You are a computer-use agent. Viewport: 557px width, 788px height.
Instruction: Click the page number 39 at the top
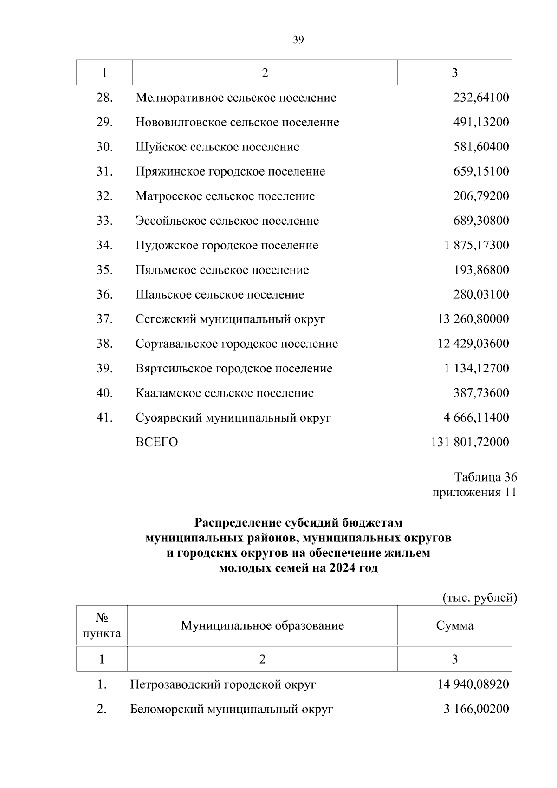[298, 40]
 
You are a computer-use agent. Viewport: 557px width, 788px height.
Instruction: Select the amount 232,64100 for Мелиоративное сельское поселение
[481, 98]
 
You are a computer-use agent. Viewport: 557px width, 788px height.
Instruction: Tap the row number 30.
[104, 147]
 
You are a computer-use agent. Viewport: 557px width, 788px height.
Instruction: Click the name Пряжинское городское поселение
[230, 171]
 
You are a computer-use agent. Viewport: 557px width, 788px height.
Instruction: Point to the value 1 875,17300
[476, 245]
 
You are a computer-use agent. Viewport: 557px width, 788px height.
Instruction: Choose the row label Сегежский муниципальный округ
[230, 319]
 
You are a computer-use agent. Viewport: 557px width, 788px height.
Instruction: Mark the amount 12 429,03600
[473, 344]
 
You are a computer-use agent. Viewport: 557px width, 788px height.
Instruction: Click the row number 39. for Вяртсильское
[104, 368]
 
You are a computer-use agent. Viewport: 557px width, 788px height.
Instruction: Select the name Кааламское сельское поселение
[225, 393]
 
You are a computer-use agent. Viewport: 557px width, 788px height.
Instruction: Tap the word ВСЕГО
[156, 442]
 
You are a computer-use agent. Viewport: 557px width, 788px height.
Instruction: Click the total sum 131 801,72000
[470, 442]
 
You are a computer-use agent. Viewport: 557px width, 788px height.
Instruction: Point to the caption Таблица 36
[486, 477]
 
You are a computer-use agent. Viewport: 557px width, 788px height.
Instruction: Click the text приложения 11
[474, 492]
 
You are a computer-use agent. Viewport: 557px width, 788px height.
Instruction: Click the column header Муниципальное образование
[262, 625]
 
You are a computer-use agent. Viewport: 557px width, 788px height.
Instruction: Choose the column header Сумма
[454, 625]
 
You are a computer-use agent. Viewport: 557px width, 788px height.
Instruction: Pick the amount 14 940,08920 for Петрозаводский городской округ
[473, 684]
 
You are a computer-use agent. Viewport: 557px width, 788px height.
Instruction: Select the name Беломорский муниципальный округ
[231, 709]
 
